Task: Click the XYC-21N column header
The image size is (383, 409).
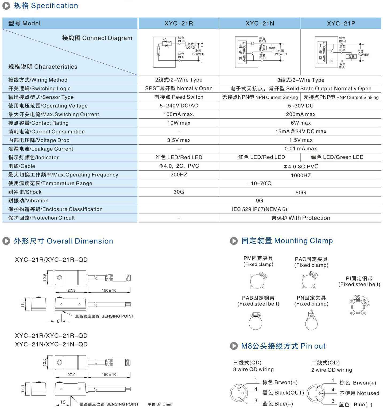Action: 260,24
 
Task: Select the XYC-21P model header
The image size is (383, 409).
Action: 341,24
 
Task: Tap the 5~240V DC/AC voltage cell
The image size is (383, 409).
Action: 179,106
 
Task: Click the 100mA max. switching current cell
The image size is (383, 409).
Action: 179,114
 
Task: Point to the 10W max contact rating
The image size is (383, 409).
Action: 179,123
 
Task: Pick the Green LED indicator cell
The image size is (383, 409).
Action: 337,157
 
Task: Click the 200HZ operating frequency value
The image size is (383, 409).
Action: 179,175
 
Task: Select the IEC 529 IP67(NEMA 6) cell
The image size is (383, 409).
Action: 259,209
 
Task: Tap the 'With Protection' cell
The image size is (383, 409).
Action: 301,218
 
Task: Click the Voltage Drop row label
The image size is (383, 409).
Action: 39,140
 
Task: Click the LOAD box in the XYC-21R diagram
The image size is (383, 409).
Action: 191,44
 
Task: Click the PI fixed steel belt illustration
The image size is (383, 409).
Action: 359,305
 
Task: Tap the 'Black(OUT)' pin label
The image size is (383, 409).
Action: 283,393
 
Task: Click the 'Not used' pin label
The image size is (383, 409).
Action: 359,393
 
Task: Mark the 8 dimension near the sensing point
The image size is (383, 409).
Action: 58,321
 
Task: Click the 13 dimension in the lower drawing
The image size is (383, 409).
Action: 63,402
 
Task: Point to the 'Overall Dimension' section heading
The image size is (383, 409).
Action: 63,241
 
